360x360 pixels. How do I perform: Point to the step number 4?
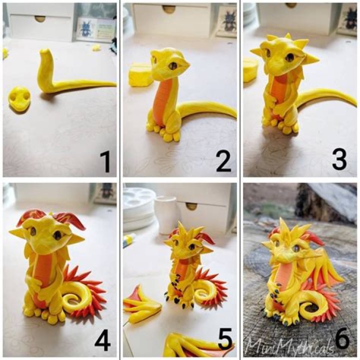coord(102,341)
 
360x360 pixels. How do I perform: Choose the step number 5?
coord(224,341)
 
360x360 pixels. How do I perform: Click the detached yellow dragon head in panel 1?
coord(19,97)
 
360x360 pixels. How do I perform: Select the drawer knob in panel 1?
coord(40,18)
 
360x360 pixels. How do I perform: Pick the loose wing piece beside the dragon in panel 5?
coord(141,304)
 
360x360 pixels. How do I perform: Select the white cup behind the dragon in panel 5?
coord(166,214)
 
